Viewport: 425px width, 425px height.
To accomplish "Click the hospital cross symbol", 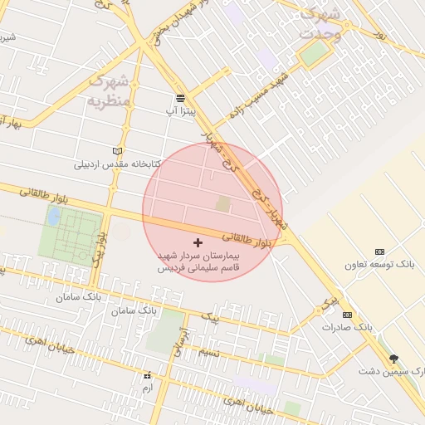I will [x=197, y=242].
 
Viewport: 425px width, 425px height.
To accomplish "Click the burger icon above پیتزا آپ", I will [x=180, y=99].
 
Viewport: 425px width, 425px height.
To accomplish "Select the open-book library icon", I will [x=118, y=150].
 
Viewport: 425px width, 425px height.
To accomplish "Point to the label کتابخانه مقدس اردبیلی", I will [x=117, y=164].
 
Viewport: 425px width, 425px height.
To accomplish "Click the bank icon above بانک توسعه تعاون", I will [x=380, y=252].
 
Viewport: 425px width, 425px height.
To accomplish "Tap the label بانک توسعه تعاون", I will [x=381, y=264].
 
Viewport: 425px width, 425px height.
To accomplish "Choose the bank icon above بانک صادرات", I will [x=347, y=315].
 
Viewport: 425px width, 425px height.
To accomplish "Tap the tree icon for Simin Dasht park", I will [x=393, y=359].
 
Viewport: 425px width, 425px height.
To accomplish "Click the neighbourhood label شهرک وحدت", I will [x=319, y=24].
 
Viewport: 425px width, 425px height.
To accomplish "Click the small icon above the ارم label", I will [x=148, y=375].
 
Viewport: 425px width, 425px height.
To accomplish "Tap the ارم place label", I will [x=148, y=388].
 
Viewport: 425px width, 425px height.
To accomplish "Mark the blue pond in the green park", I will [x=54, y=217].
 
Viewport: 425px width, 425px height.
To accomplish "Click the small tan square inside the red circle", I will [x=222, y=203].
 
